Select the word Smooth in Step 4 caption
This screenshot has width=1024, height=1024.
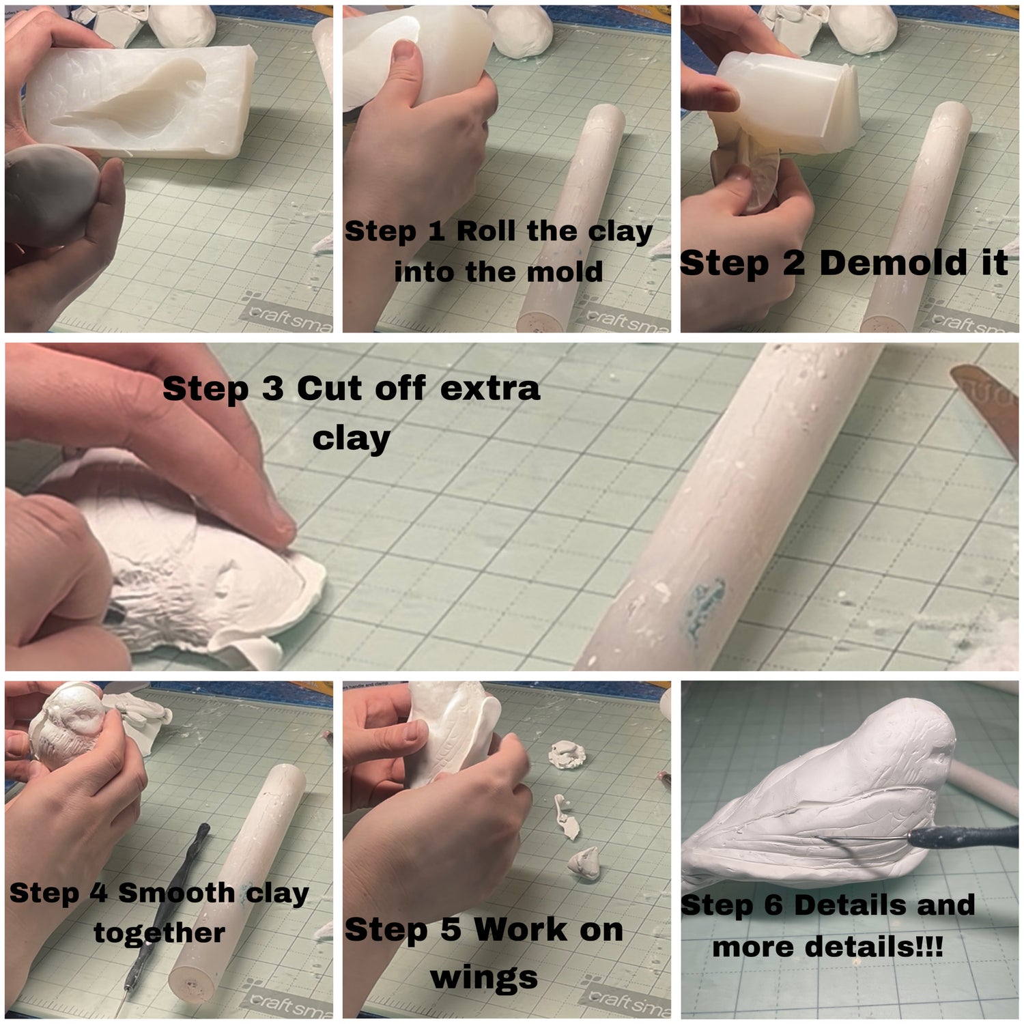pyautogui.click(x=177, y=893)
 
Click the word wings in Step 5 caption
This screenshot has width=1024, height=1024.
pyautogui.click(x=484, y=977)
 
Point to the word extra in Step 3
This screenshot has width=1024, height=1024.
pyautogui.click(x=490, y=388)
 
